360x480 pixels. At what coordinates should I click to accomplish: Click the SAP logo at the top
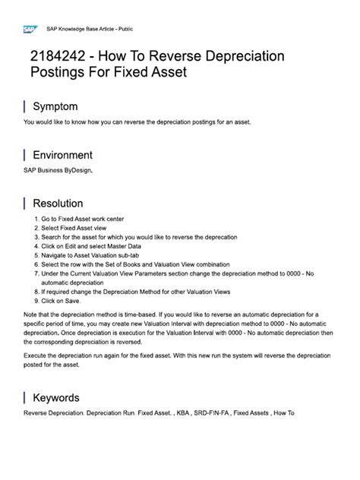(x=30, y=30)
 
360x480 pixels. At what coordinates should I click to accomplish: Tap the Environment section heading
(x=68, y=155)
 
